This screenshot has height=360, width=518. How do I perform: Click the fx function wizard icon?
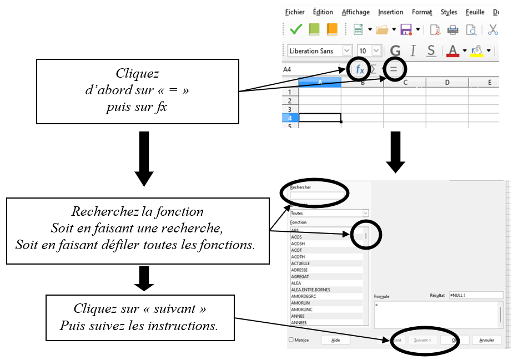pos(360,69)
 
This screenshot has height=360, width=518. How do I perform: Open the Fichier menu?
pos(294,12)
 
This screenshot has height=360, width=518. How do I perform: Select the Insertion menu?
pos(390,12)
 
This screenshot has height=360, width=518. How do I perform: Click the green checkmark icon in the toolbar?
pos(296,30)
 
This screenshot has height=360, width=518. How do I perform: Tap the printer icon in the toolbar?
pos(452,30)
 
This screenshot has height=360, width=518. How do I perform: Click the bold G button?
pos(395,51)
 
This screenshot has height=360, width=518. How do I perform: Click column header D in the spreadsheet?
pos(447,83)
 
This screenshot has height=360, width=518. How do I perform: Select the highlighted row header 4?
pos(289,118)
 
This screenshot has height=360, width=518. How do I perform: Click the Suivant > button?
pos(422,340)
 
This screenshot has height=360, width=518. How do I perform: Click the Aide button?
pos(335,340)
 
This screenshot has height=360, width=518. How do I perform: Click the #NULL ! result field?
pos(475,296)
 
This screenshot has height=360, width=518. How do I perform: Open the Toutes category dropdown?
pos(329,213)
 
